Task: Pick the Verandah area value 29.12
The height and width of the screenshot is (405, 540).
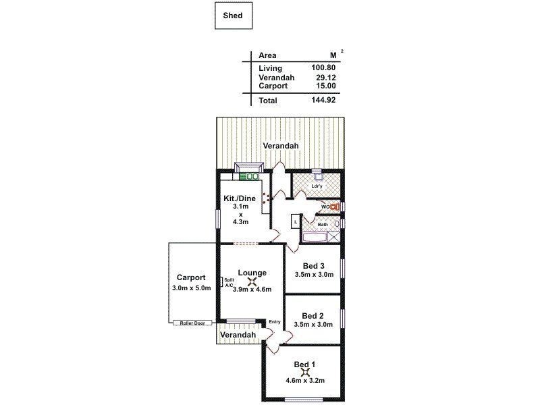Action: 326,78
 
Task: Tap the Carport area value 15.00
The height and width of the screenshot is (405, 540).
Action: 326,86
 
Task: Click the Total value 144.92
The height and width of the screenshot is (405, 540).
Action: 324,101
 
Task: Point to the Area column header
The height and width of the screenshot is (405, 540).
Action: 267,56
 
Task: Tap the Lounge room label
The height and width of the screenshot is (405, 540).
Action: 252,273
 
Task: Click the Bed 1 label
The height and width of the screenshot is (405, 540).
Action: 305,364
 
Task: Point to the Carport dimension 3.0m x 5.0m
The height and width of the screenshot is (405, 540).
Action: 192,288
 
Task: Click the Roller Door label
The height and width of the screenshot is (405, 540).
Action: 192,323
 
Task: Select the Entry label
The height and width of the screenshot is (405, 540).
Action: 274,322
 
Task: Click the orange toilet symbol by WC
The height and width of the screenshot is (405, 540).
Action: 333,207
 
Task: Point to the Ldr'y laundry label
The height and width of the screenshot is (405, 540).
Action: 316,186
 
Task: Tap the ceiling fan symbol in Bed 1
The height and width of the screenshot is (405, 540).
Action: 305,371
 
